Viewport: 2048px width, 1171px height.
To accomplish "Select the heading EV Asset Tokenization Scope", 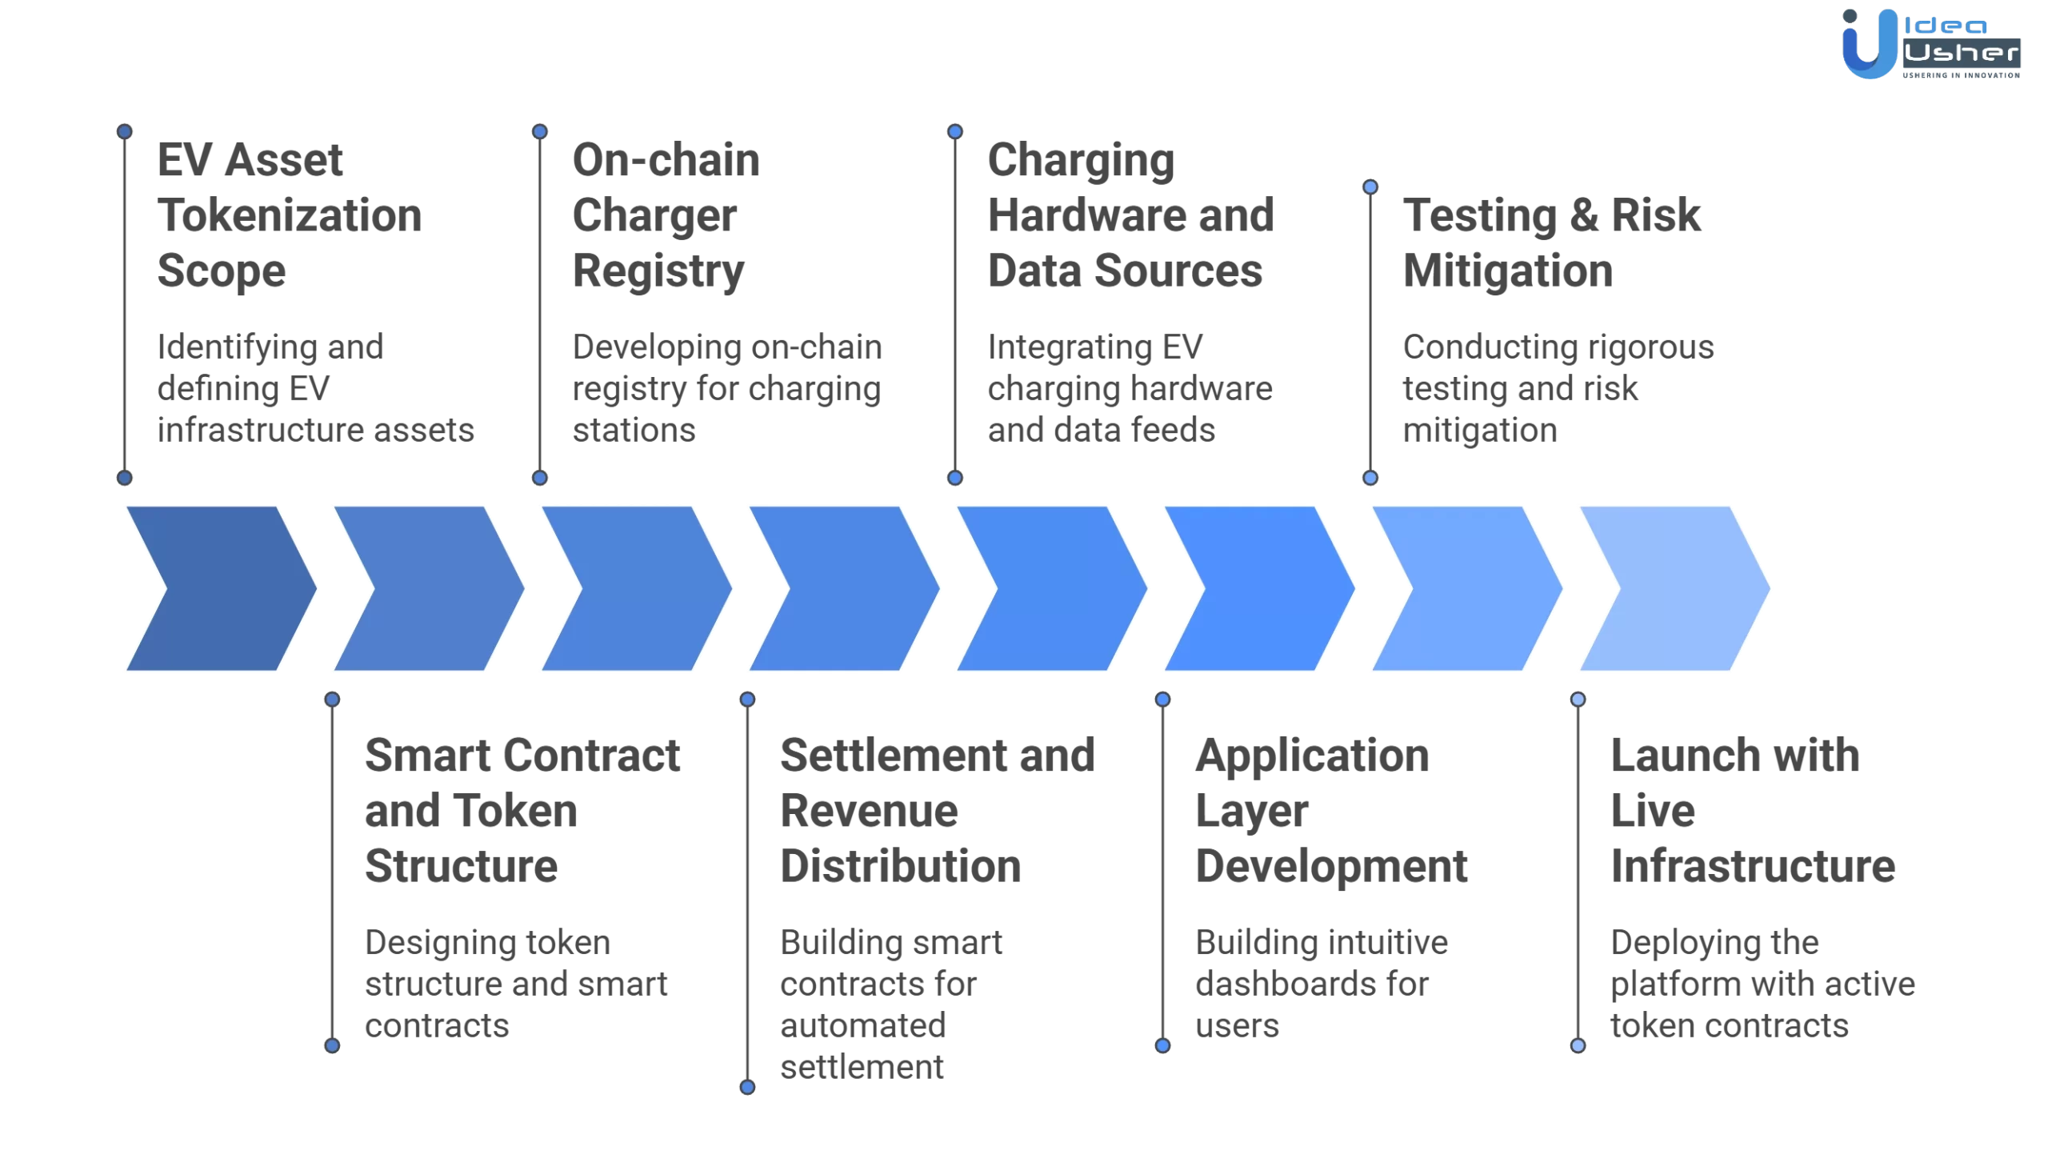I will pos(288,215).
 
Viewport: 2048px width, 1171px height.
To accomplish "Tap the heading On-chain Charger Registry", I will pos(666,215).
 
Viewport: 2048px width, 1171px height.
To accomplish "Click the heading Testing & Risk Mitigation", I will pos(1551,242).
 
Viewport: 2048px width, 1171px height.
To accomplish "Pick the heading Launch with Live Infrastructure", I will pos(1752,810).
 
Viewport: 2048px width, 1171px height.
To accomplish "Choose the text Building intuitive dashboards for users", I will pos(1321,983).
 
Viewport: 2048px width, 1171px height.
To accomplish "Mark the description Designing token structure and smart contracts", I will pos(515,983).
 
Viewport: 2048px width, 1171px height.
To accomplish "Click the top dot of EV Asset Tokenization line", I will pos(125,131).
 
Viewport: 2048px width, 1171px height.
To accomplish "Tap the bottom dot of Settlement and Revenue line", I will pos(747,1087).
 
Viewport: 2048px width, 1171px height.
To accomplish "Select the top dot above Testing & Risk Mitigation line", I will pos(1370,186).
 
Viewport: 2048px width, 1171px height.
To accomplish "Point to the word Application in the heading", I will pos(1312,757).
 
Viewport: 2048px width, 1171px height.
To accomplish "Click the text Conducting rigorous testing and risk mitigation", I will pos(1557,388).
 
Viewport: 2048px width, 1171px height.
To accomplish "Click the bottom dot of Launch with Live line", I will pos(1578,1045).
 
